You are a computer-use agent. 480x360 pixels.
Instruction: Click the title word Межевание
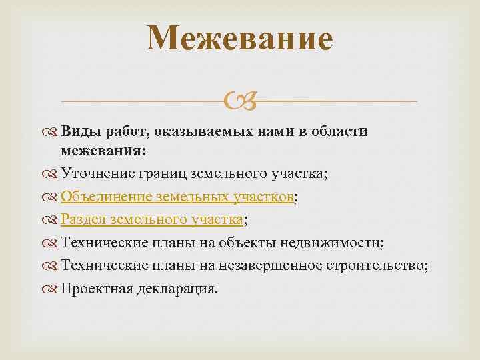click(240, 38)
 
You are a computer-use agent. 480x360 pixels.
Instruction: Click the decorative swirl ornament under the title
click(239, 102)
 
